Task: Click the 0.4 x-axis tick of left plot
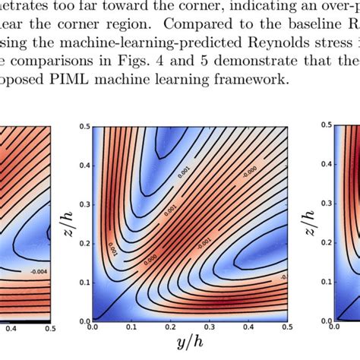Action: tap(11, 330)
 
